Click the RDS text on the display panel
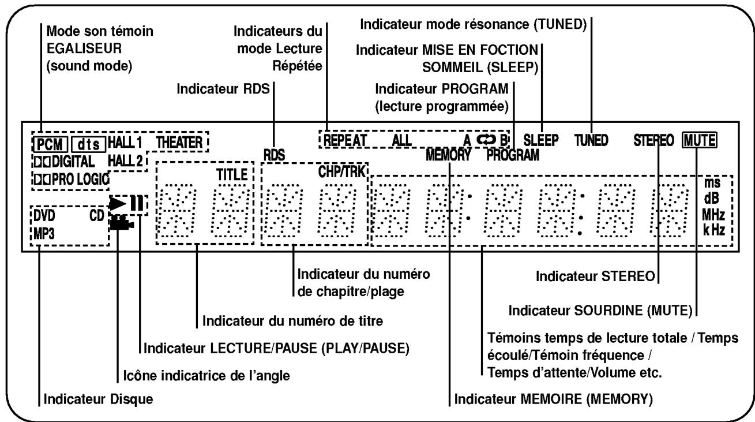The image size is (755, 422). [272, 155]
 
